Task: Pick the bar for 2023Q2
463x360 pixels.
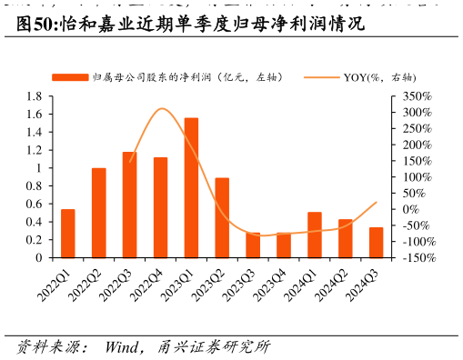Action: tap(222, 217)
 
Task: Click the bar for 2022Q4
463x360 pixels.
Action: tap(160, 207)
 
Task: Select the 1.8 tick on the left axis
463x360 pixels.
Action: tap(34, 96)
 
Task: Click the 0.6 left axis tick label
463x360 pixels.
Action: tap(34, 205)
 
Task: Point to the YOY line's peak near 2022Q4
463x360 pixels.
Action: tap(162, 109)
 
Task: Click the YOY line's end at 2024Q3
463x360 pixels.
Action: tap(377, 202)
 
